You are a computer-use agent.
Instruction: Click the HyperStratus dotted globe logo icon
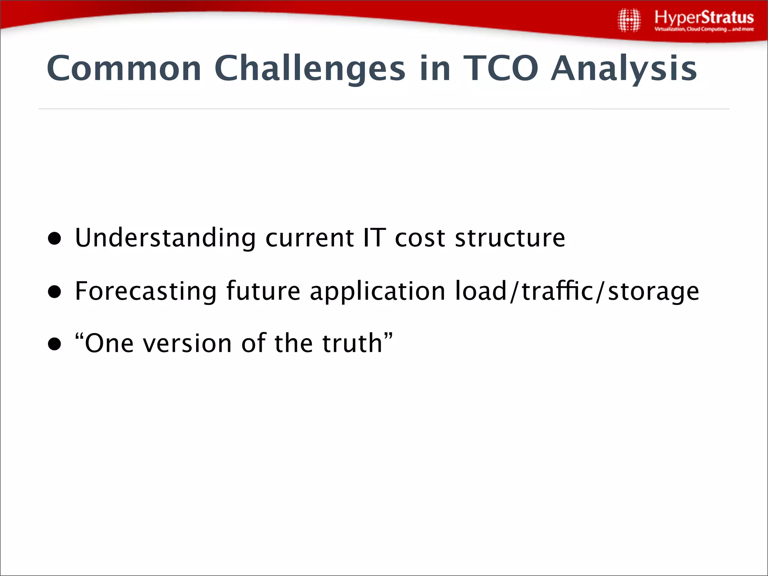click(x=629, y=21)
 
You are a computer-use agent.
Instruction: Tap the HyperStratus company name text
click(x=704, y=17)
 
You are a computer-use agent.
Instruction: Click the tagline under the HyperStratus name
click(x=704, y=29)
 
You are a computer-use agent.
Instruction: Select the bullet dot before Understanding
click(x=55, y=238)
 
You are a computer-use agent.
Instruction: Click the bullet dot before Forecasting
click(x=55, y=291)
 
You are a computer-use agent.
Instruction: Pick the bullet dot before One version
click(x=55, y=344)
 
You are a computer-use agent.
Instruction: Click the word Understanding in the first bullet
click(x=165, y=238)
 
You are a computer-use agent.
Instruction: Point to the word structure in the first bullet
click(x=510, y=238)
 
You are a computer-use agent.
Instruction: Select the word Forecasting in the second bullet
click(x=145, y=291)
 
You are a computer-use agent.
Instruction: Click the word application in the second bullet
click(x=377, y=291)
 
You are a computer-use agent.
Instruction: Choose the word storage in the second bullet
click(x=653, y=291)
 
